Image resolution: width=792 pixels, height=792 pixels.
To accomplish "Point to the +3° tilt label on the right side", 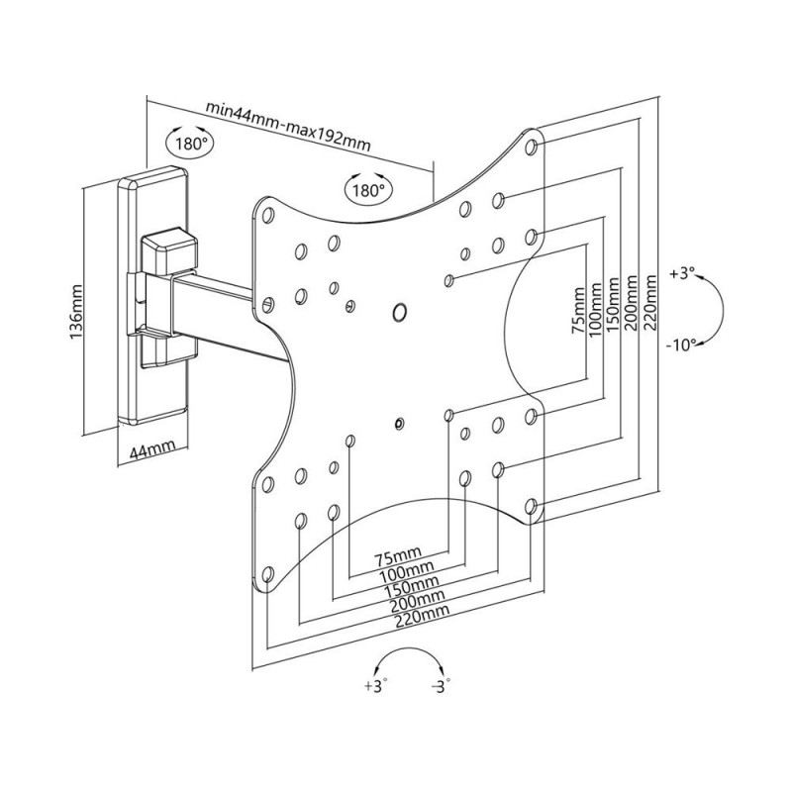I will click(x=682, y=272).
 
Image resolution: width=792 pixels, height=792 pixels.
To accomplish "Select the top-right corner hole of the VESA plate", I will click(x=533, y=147).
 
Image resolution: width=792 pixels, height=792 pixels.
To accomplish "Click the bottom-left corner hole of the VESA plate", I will click(x=267, y=574).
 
